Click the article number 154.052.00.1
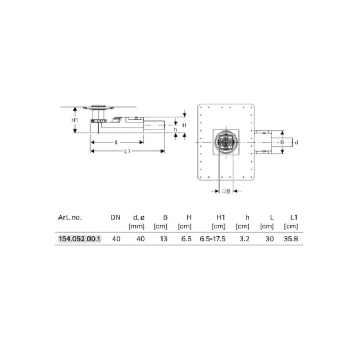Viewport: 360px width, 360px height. tap(80, 239)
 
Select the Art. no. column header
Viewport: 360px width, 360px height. tap(70, 217)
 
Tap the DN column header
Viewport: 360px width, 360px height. tap(116, 217)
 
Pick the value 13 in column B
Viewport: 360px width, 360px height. tap(164, 239)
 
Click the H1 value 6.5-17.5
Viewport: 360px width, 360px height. tap(213, 239)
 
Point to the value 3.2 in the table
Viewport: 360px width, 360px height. tap(244, 239)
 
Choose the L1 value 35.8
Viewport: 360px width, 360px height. tap(291, 239)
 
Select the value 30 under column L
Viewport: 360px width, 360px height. tap(270, 239)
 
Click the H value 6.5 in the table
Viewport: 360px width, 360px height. tap(186, 239)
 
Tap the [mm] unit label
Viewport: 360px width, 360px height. tap(136, 226)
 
